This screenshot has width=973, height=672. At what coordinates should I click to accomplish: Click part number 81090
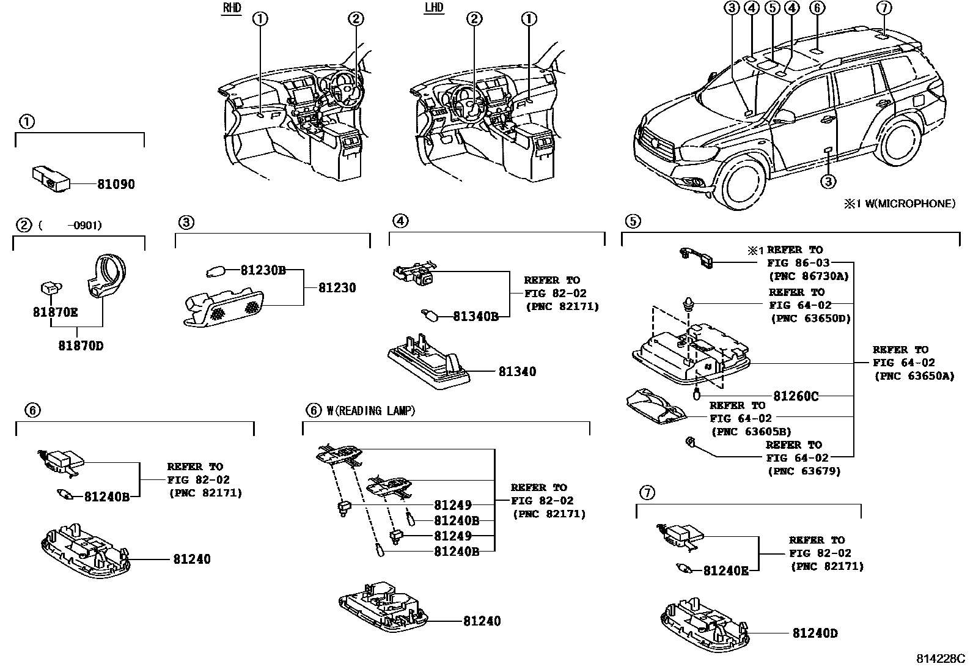116,184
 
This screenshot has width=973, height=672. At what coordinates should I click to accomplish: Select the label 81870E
55,312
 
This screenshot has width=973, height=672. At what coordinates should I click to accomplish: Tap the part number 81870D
81,346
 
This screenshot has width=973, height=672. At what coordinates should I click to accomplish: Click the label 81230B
263,270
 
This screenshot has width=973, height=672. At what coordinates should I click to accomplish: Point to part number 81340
516,372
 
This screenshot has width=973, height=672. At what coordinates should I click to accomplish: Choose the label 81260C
795,396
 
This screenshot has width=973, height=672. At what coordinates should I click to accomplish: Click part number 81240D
815,633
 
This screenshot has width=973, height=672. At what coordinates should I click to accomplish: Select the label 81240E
725,570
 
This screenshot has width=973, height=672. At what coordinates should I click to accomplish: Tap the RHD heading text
231,8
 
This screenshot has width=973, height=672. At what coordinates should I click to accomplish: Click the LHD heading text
433,8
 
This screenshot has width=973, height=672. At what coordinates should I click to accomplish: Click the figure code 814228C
939,659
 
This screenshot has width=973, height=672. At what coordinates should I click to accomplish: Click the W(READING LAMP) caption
370,411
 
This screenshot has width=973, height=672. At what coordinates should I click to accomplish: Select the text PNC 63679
804,471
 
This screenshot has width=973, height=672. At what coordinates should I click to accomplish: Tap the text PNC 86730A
808,276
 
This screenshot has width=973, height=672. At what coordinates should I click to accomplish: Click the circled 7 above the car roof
883,8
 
